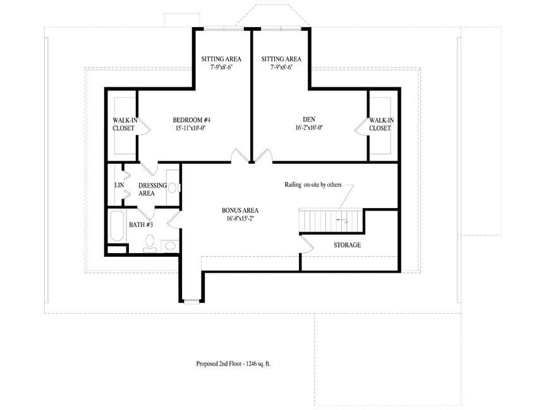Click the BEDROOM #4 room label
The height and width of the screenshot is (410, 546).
click(x=191, y=120)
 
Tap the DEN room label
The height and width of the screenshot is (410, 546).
click(x=309, y=120)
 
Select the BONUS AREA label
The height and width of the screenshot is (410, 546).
click(x=240, y=210)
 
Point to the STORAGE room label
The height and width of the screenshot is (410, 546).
click(x=347, y=245)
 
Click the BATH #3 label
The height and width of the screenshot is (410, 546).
click(x=141, y=225)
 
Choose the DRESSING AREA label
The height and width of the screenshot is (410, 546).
click(x=152, y=189)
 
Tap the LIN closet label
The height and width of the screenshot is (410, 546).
click(x=119, y=185)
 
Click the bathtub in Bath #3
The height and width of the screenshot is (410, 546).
click(x=117, y=227)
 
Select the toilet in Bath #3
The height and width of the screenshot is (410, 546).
click(x=150, y=243)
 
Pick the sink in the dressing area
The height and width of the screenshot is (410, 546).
click(x=173, y=188)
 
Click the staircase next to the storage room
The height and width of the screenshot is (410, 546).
click(x=331, y=221)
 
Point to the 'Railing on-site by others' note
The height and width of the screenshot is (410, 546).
click(x=313, y=185)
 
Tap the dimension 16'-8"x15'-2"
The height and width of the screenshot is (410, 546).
click(x=240, y=218)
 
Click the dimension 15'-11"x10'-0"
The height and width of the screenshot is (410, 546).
click(x=191, y=128)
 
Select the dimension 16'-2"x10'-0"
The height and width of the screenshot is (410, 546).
click(x=309, y=128)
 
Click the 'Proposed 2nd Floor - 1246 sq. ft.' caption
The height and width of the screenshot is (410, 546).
click(x=233, y=364)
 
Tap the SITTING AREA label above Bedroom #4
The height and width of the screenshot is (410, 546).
click(x=221, y=59)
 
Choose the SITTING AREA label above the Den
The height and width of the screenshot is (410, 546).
click(x=281, y=59)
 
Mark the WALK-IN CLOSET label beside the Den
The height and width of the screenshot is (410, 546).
click(x=381, y=124)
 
